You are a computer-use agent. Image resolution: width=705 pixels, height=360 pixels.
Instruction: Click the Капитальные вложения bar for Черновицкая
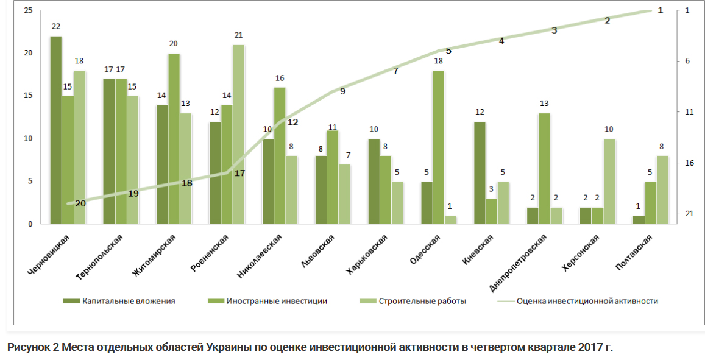coord(55,130)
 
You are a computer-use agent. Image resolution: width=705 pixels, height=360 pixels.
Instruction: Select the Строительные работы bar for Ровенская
coord(238,135)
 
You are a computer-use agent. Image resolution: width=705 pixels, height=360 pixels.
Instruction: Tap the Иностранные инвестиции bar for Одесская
coord(438,147)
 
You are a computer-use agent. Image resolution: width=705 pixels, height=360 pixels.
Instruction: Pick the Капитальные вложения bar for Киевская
coord(480,173)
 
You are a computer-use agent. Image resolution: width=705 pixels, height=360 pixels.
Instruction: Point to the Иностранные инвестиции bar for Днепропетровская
coord(544,169)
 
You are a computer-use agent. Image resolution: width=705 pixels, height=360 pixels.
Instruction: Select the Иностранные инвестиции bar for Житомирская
coord(174,139)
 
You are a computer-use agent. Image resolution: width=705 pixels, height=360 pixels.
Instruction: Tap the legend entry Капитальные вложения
coord(129,301)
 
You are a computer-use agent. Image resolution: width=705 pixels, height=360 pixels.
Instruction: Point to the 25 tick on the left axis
coord(28,10)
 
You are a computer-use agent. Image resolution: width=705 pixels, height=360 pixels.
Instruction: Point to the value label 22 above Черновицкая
coord(56,27)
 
